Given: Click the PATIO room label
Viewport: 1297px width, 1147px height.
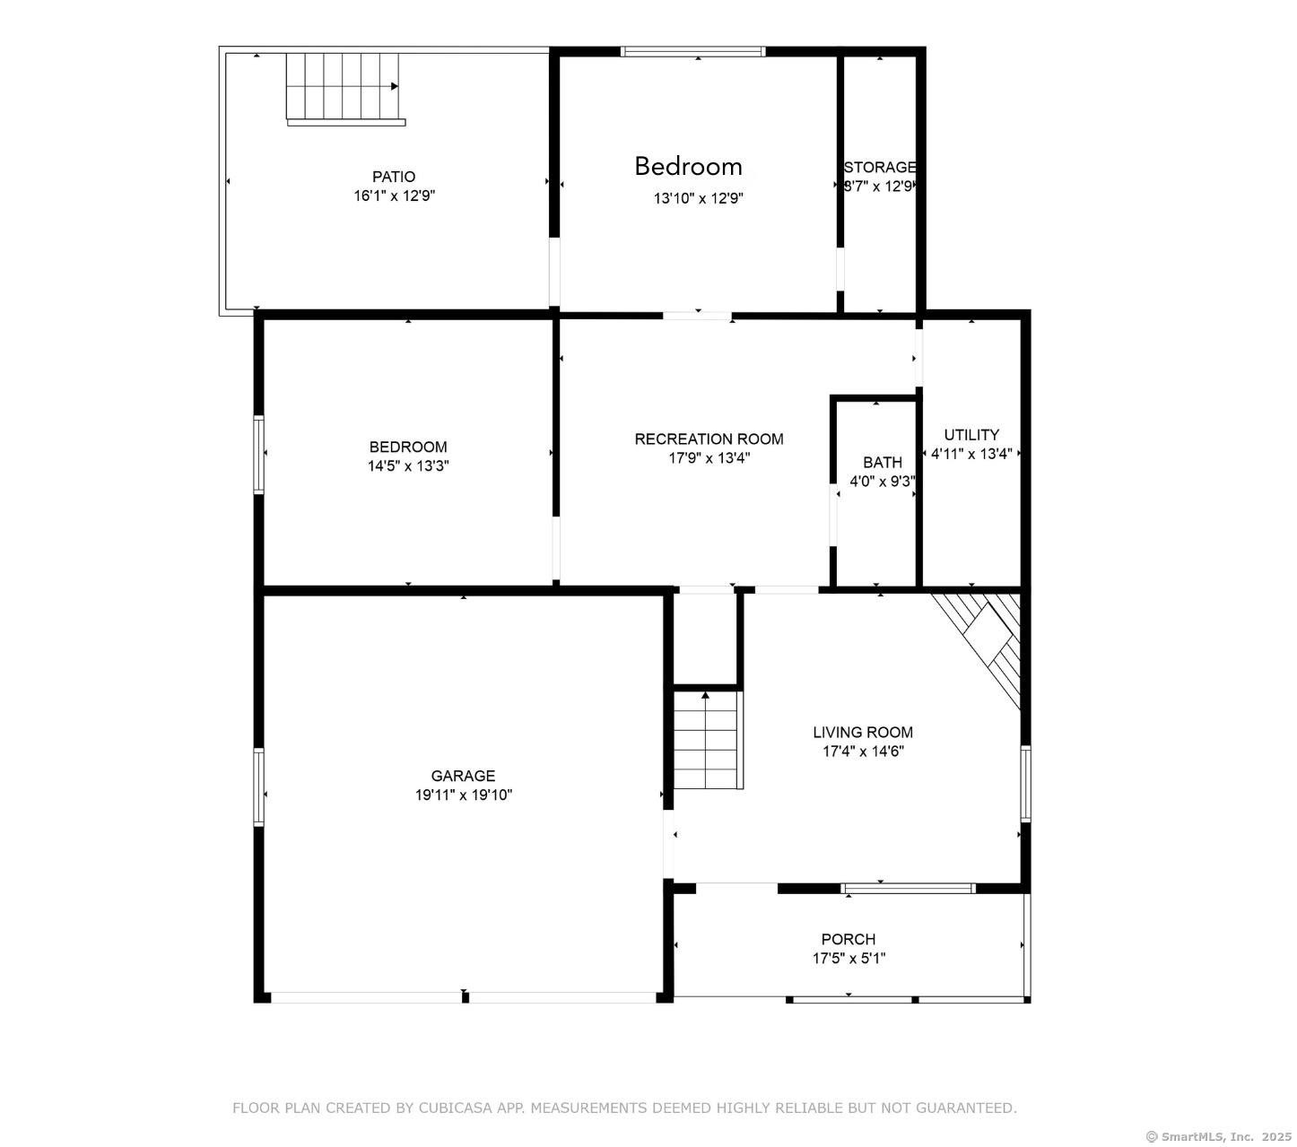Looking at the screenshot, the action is tap(394, 177).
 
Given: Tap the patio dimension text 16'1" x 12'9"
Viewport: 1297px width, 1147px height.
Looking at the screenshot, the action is tap(395, 196).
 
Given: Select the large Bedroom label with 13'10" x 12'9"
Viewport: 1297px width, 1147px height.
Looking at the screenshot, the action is tap(688, 167).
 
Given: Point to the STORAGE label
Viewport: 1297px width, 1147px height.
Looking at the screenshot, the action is tap(880, 167).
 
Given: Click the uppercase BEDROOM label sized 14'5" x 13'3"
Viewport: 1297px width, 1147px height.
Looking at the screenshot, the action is tap(408, 447).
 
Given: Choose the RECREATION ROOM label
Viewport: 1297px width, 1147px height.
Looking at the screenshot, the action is tap(709, 439).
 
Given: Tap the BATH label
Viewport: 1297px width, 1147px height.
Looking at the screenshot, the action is tap(883, 462).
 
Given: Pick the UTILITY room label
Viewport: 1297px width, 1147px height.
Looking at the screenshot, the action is tap(971, 435).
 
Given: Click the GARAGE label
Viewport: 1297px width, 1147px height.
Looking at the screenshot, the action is tap(463, 776).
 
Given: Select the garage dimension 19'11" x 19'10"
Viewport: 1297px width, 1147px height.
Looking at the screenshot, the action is tap(464, 795).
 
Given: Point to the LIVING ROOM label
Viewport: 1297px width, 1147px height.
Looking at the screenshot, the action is tap(862, 733).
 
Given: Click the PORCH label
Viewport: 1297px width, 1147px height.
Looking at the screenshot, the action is tap(849, 939).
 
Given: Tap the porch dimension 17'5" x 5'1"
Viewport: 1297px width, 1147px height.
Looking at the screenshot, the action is tap(849, 958).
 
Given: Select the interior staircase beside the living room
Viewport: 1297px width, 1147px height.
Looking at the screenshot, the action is tap(708, 739).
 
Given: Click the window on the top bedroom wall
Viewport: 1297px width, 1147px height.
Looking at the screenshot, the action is tap(692, 51).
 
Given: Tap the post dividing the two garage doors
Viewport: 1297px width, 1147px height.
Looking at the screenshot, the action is tap(466, 997).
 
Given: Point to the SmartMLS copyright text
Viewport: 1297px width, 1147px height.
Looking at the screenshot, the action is tap(1218, 1137).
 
